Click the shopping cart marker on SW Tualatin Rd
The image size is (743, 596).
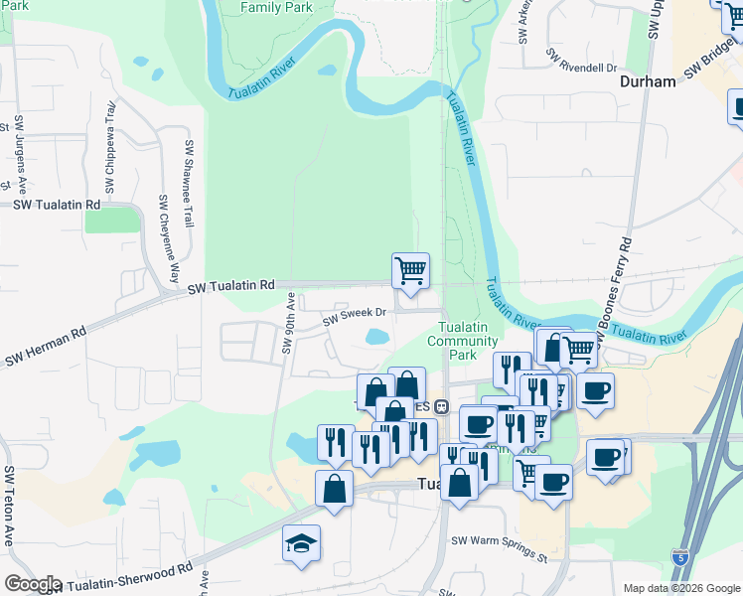click(410, 270)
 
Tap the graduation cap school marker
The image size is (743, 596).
click(301, 543)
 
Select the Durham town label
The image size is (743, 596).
click(648, 82)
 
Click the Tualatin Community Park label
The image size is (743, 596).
click(462, 341)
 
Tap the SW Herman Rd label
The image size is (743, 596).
click(45, 349)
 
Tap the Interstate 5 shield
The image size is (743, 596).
click(679, 557)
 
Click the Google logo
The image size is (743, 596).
click(32, 584)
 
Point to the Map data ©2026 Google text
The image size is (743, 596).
click(680, 588)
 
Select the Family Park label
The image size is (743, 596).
click(277, 8)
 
